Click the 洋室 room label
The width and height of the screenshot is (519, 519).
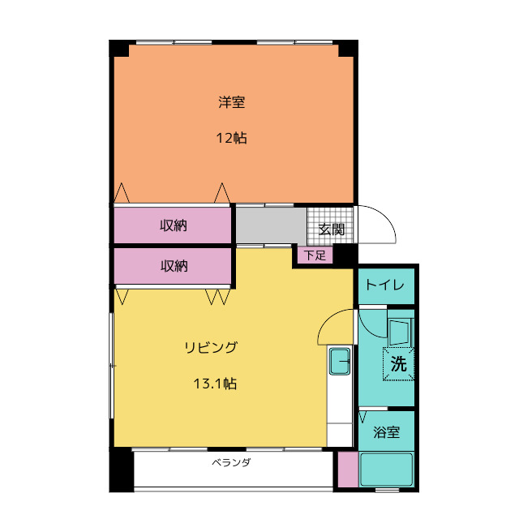tap(231, 102)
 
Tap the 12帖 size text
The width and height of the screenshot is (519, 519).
tap(231, 138)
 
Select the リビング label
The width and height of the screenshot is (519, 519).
tap(211, 348)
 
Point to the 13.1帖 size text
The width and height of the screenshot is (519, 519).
tap(215, 384)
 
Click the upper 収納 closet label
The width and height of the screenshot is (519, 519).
tap(174, 225)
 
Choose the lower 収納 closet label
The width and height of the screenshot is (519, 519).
tap(174, 266)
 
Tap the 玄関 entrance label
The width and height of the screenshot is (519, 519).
tap(332, 229)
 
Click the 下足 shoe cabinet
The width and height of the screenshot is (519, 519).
tap(315, 255)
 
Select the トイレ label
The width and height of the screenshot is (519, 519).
tap(385, 285)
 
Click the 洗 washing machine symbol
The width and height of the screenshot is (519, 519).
tap(398, 364)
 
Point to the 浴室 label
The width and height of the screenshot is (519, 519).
tap(386, 432)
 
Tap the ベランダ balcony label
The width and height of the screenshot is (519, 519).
tap(231, 462)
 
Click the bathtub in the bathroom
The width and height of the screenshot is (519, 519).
tap(386, 470)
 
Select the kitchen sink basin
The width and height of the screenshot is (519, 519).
tap(340, 362)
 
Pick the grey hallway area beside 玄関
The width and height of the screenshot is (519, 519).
tap(271, 225)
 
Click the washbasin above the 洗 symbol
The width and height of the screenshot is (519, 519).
tap(400, 332)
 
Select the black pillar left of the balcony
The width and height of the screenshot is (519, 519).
tap(122, 470)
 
